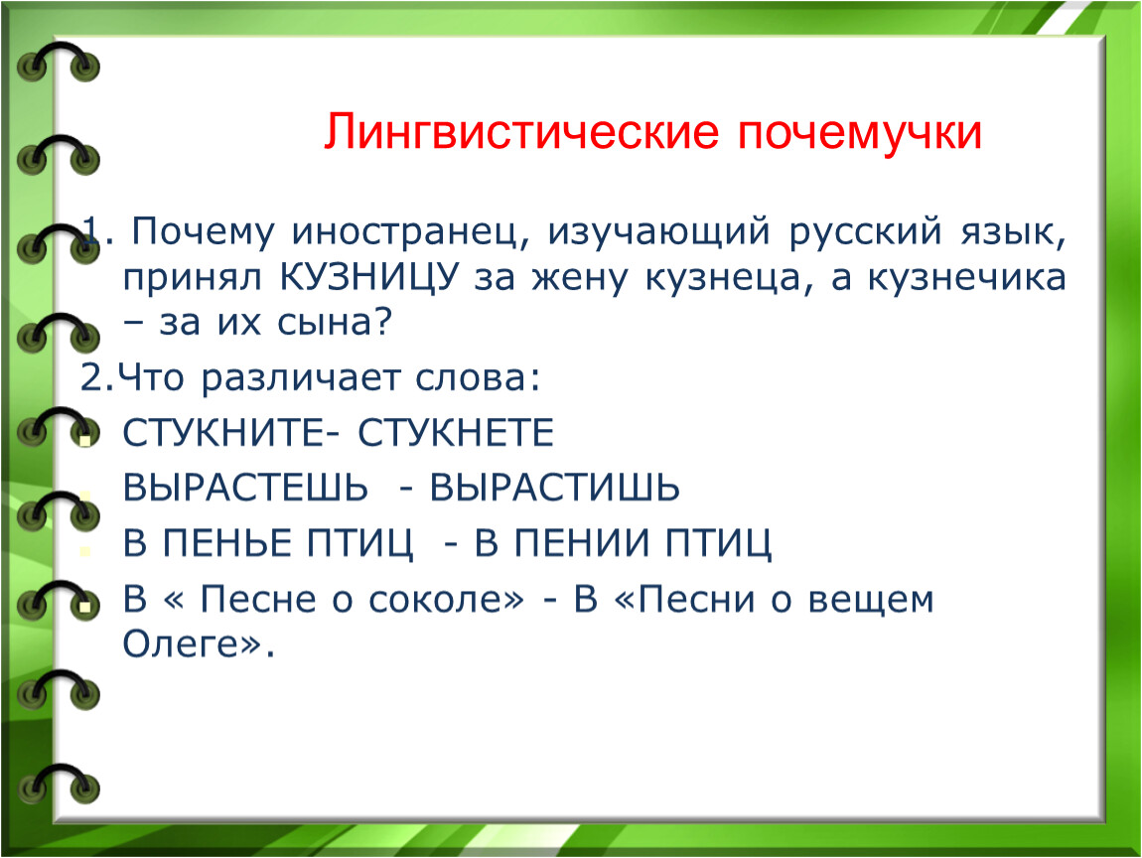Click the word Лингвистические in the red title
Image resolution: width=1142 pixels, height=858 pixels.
521,132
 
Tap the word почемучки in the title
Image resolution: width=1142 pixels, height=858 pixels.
860,133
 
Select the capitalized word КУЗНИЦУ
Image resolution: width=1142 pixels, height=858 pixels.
370,278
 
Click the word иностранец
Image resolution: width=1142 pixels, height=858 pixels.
406,231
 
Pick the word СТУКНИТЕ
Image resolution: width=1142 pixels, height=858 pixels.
222,433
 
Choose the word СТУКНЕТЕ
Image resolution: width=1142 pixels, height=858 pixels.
456,433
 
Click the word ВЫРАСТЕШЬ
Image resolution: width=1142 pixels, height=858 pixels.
245,488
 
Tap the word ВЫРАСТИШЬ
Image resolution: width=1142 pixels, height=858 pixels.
554,488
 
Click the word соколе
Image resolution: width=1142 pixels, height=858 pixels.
445,600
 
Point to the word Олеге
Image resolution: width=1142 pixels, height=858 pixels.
181,643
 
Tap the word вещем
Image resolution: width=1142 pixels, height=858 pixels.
870,600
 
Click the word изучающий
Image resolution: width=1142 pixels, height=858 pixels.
658,232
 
